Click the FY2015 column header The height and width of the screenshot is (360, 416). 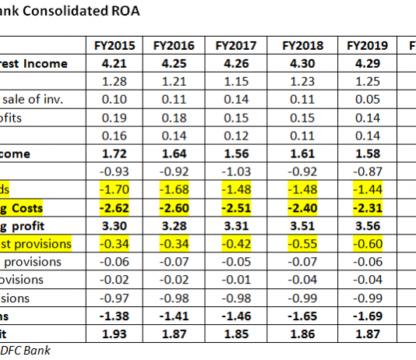[115, 46]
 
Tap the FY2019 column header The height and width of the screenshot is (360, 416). [367, 46]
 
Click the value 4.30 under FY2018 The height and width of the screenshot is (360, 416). [304, 63]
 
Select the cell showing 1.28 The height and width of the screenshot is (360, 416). [115, 81]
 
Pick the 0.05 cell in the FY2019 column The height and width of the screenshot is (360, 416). [367, 99]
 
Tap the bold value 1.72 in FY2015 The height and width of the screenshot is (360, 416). [115, 153]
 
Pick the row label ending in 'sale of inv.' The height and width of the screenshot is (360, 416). [32, 99]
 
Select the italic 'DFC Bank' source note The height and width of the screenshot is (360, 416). [25, 350]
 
